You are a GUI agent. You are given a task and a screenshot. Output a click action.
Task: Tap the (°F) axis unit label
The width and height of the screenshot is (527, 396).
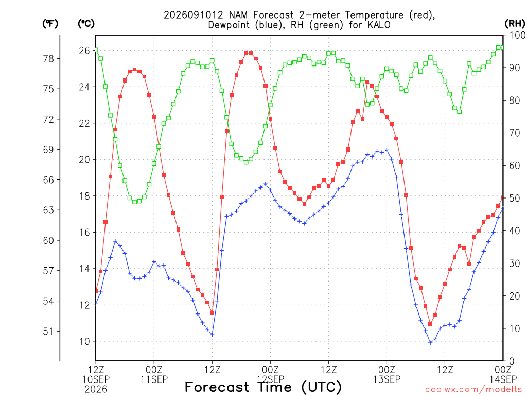point(50,24)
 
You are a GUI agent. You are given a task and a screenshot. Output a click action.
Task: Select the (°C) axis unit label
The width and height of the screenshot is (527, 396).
point(86,24)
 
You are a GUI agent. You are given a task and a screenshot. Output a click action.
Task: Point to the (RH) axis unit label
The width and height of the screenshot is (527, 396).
point(514,24)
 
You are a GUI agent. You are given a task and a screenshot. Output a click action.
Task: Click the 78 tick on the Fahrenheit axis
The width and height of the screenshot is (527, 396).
point(48,59)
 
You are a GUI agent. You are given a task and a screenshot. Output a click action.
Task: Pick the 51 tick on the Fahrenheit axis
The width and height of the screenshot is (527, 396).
point(48,332)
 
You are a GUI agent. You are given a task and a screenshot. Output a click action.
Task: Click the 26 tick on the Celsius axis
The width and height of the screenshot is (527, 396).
point(84,51)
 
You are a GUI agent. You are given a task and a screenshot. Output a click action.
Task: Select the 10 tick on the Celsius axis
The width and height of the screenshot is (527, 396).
point(84,341)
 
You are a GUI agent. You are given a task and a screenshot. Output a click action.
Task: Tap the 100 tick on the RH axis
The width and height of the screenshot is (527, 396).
point(517,35)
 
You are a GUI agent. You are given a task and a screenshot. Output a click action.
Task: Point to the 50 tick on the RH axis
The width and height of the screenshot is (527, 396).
point(514,199)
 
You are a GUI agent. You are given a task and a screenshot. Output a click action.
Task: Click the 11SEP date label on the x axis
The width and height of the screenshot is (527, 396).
point(154,379)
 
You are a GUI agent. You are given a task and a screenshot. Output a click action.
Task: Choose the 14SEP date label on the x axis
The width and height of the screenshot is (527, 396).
point(503,379)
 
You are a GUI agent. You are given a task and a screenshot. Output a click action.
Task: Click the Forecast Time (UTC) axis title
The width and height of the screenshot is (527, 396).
point(263,387)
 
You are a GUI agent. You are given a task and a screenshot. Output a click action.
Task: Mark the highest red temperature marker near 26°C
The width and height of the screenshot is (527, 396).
point(246,53)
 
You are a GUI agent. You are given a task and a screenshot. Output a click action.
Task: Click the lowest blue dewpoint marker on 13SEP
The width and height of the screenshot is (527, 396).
point(430,343)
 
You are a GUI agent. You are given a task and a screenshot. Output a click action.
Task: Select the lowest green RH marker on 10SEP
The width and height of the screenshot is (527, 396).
point(135,202)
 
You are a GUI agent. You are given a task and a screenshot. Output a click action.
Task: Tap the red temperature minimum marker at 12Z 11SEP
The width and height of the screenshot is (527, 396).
point(213,313)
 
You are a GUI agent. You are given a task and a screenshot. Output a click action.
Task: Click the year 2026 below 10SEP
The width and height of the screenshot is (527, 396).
point(96,390)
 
